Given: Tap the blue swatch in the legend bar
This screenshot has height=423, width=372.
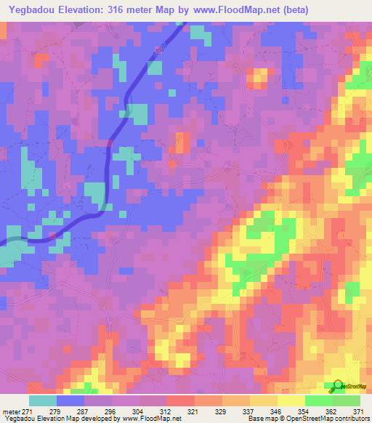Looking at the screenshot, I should [70, 400].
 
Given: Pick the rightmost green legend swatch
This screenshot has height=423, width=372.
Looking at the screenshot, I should [346, 400].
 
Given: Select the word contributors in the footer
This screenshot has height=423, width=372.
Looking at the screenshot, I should [351, 419].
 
